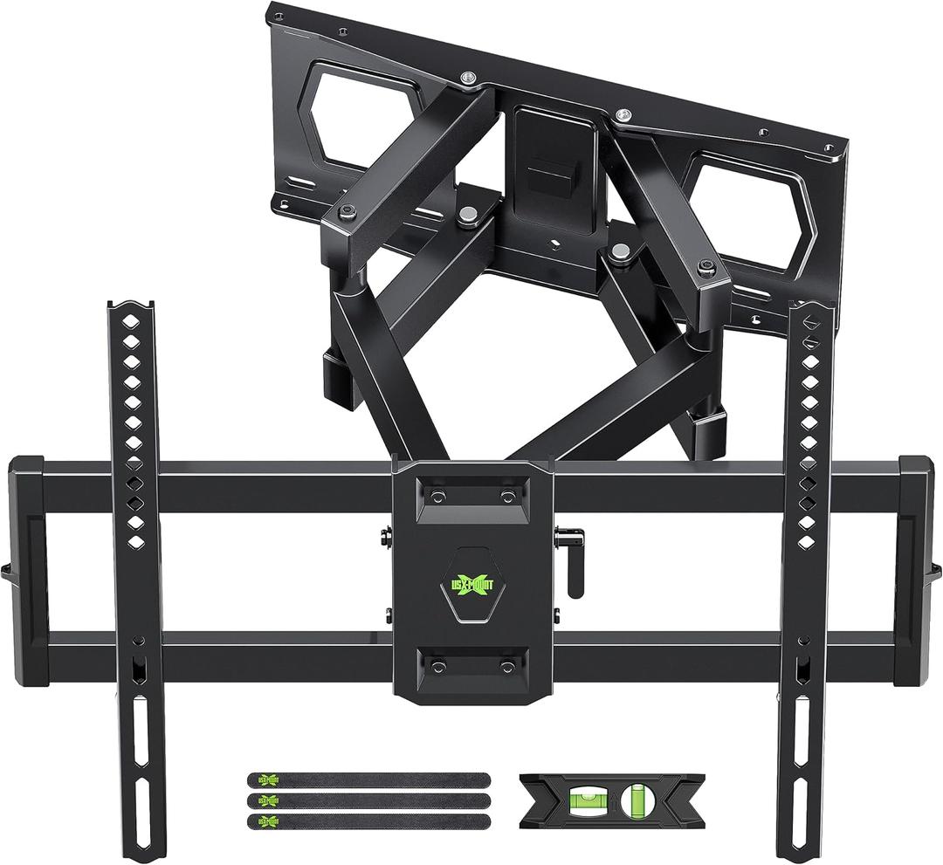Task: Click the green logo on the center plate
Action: pyautogui.click(x=472, y=586)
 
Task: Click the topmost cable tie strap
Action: pyautogui.click(x=368, y=779)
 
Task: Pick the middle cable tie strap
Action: pyautogui.click(x=368, y=800)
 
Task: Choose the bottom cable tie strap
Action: pyautogui.click(x=368, y=821)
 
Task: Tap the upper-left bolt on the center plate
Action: pyautogui.click(x=437, y=496)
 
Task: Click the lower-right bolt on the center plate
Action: pyautogui.click(x=507, y=666)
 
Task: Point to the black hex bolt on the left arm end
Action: pyautogui.click(x=348, y=211)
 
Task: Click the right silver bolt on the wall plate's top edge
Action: pyautogui.click(x=622, y=114)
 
